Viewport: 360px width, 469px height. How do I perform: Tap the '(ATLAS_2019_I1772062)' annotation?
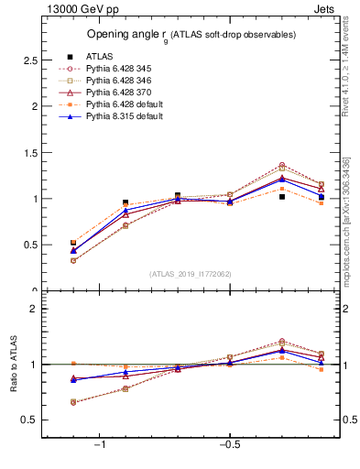click(x=190, y=273)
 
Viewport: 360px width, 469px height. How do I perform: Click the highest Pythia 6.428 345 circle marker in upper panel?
click(x=282, y=165)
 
